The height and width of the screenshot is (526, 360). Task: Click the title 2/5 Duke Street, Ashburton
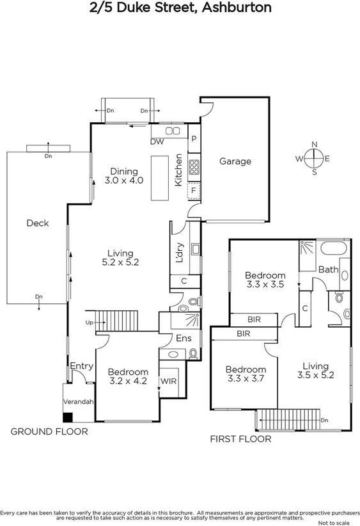[180, 8]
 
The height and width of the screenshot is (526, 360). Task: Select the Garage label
[235, 162]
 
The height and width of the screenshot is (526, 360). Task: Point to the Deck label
[37, 223]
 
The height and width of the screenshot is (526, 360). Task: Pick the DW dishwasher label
[156, 142]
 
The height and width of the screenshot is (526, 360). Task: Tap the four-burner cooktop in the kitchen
[194, 168]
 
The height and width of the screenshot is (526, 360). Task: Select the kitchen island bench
[160, 177]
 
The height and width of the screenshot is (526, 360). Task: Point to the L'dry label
[180, 253]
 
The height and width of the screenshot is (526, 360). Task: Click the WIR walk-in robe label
[169, 381]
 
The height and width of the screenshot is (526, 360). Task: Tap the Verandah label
[78, 402]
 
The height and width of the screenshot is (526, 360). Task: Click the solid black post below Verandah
[67, 417]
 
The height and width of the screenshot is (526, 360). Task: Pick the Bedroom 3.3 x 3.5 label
[265, 280]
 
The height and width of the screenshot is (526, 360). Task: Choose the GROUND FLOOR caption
[49, 432]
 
